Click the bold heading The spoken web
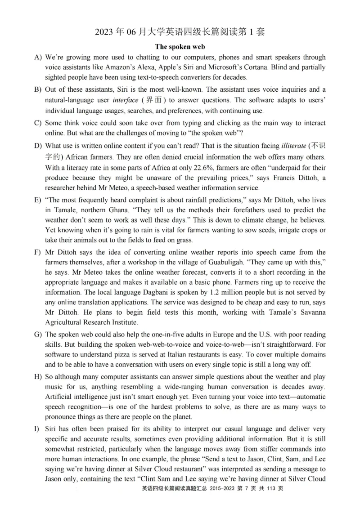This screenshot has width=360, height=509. pyautogui.click(x=180, y=46)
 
